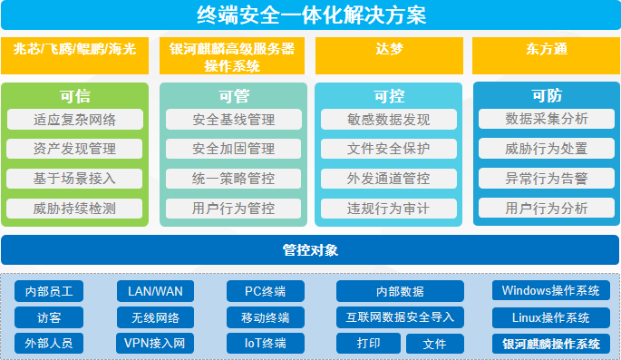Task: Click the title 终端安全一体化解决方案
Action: (310, 15)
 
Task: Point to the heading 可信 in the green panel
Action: (74, 96)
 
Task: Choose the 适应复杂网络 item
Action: (74, 120)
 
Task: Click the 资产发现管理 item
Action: (74, 149)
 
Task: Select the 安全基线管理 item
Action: (233, 120)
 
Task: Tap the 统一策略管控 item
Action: (233, 179)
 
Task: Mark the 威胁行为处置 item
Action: (546, 149)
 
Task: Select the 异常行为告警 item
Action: (546, 179)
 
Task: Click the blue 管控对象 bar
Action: (310, 249)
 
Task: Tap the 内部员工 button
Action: (49, 291)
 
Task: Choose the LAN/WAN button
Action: (155, 291)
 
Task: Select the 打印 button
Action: (368, 344)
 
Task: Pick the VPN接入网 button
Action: (155, 344)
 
